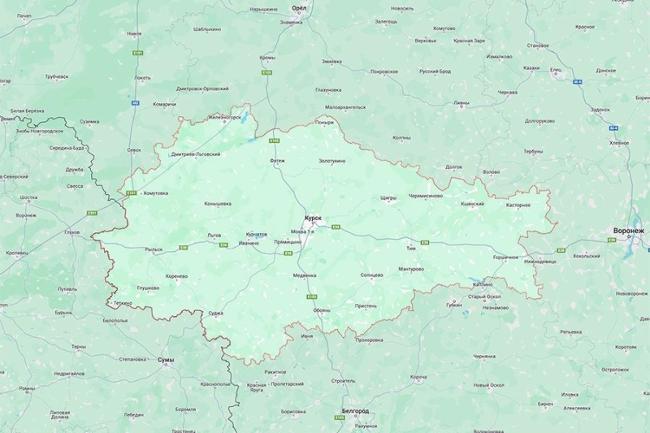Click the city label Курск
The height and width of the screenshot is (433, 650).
(313, 218)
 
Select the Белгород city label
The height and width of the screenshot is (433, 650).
(355, 411)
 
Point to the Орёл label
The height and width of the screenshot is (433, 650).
(300, 7)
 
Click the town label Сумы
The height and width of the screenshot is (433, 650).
(165, 358)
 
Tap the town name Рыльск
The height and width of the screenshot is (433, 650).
(154, 249)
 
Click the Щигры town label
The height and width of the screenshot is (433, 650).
(388, 197)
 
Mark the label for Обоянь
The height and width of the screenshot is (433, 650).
(322, 310)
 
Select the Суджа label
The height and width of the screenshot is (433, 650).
(215, 313)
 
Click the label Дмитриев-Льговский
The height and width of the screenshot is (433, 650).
(196, 154)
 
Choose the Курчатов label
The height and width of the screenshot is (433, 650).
(256, 234)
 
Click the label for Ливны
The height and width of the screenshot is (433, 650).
(461, 103)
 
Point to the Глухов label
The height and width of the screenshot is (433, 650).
(72, 232)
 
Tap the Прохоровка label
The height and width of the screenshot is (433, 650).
(368, 340)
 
